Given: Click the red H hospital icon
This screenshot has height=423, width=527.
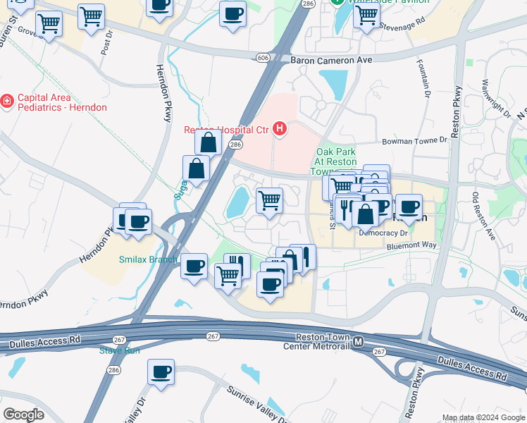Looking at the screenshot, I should [280, 128].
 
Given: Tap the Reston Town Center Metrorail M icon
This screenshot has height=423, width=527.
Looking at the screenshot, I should [359, 342].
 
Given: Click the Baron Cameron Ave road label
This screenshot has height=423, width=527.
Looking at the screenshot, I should [331, 61].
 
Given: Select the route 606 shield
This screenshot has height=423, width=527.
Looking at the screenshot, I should [263, 56].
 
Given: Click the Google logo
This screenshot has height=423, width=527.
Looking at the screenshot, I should [24, 414].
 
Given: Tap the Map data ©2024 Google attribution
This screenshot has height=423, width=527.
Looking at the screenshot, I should [483, 417].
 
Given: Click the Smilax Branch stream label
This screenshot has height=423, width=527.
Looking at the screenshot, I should [148, 259].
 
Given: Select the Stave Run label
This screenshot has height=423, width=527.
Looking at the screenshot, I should [119, 350].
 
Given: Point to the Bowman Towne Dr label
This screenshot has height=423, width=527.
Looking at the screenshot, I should [414, 141].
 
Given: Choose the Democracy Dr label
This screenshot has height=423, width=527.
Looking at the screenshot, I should [383, 232].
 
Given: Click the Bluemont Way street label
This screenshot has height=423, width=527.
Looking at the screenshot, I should [412, 245].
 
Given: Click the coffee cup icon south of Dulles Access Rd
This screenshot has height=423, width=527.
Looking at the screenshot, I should [161, 372].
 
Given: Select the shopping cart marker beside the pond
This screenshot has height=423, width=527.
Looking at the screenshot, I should [269, 201].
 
